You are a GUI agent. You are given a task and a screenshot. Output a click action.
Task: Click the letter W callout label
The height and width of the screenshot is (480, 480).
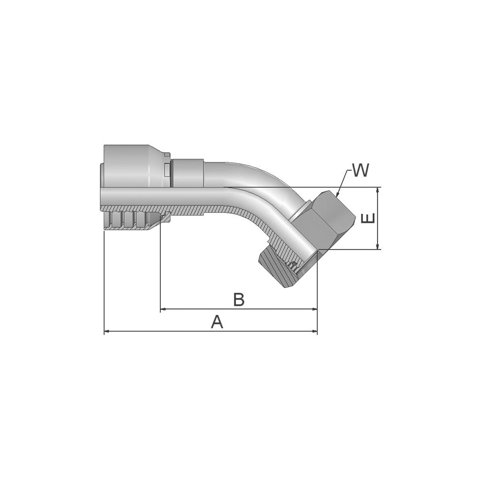[360, 170]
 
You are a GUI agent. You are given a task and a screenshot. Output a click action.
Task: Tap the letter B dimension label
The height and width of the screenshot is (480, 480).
[239, 300]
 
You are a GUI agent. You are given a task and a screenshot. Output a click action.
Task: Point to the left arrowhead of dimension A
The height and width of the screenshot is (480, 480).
[107, 331]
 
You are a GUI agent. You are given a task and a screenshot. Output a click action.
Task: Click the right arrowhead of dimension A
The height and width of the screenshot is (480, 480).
[315, 331]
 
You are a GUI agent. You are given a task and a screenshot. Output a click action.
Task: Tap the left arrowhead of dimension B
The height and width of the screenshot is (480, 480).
[163, 309]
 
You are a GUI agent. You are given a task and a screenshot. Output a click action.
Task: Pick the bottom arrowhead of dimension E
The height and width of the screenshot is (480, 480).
[379, 246]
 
